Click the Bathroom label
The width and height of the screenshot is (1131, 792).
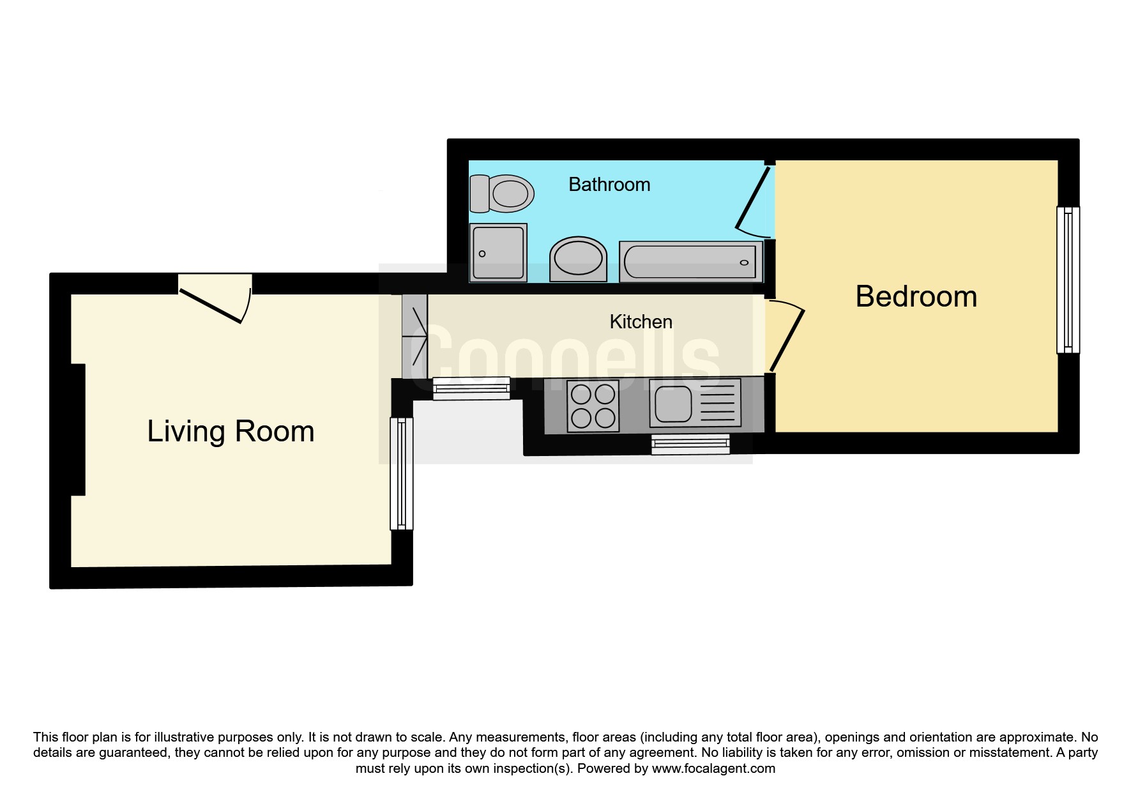[609, 185]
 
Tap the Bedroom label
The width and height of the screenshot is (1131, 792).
[916, 296]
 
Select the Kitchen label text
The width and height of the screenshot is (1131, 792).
[641, 321]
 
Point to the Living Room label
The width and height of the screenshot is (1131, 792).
[231, 431]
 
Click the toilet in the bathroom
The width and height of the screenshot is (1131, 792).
[501, 194]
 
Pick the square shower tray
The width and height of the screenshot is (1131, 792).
[498, 252]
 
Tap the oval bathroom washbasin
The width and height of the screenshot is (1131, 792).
[578, 259]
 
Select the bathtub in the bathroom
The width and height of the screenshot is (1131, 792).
[691, 262]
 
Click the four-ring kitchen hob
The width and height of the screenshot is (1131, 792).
[593, 406]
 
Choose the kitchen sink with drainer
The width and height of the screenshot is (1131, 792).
[695, 404]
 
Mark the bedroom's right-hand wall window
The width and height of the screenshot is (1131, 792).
[1068, 280]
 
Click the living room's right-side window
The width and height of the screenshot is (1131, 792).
[402, 473]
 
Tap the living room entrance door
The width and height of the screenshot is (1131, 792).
[215, 299]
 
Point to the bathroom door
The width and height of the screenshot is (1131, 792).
[752, 199]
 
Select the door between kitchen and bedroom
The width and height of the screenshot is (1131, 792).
[785, 335]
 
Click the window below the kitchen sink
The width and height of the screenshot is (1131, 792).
[690, 444]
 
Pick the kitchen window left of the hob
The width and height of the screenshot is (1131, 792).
[471, 388]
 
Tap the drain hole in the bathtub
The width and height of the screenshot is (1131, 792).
[744, 263]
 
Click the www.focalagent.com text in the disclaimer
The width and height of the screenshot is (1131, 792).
[713, 768]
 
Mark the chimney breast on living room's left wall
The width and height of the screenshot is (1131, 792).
[77, 429]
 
